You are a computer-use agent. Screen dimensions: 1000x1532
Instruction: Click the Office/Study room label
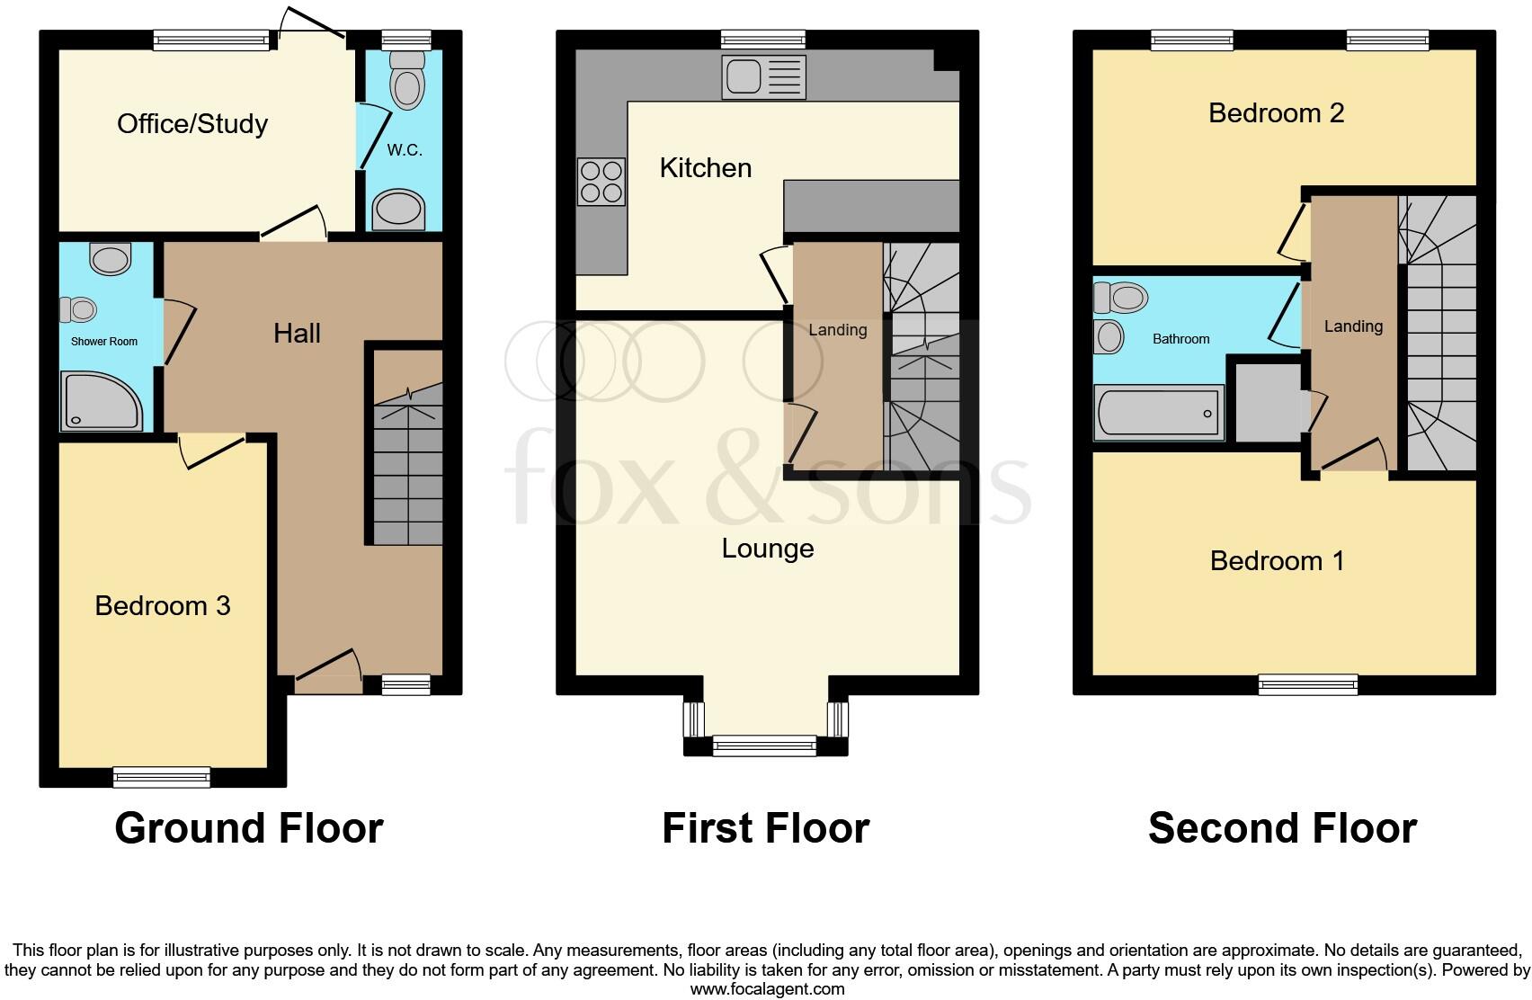point(192,123)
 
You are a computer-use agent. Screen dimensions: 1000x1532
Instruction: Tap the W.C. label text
point(405,150)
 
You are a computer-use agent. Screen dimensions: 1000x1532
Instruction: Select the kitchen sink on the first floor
point(763,76)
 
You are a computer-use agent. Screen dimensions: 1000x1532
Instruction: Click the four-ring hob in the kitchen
point(601,182)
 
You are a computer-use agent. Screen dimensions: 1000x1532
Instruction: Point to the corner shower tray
point(100,401)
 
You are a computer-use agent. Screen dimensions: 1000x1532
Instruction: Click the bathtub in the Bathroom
point(1158,413)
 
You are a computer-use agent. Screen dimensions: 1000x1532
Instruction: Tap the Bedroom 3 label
point(163,605)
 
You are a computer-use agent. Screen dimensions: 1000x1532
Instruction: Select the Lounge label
point(767,549)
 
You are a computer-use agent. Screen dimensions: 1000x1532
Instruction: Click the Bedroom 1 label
point(1277,561)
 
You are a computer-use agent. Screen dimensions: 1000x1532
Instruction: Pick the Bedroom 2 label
point(1276,113)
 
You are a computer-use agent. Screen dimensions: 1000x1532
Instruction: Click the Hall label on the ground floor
point(297,334)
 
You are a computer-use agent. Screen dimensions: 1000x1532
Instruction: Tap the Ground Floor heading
point(249,828)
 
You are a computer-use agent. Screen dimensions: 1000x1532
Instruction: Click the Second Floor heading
point(1282,828)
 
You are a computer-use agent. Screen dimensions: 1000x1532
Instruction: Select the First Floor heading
point(765,828)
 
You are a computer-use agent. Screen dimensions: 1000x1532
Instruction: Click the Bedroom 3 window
point(162,777)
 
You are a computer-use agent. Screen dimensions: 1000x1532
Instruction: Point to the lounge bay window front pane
point(764,745)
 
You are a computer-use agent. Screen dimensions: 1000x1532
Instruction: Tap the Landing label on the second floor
point(1353,326)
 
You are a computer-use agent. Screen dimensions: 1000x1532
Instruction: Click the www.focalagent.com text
point(767,989)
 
